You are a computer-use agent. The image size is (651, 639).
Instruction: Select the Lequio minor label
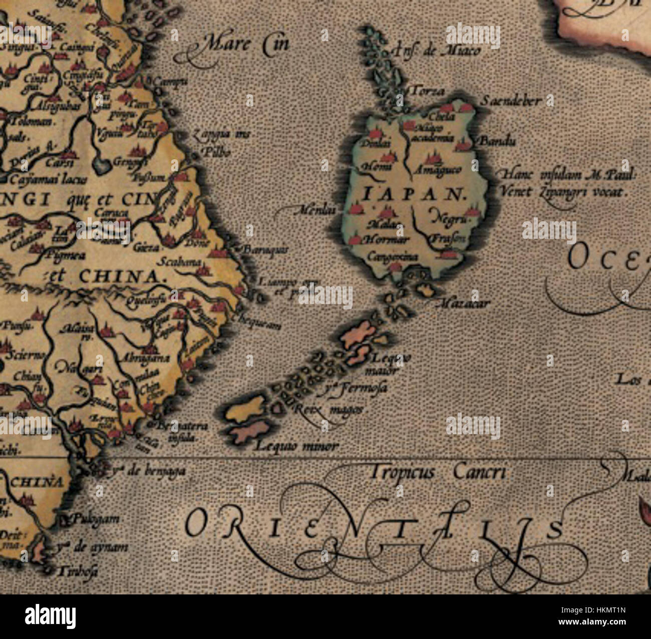[296, 446]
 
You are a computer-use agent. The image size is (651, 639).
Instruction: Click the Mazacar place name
[465, 302]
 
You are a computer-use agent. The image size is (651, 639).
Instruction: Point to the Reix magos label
[328, 409]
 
